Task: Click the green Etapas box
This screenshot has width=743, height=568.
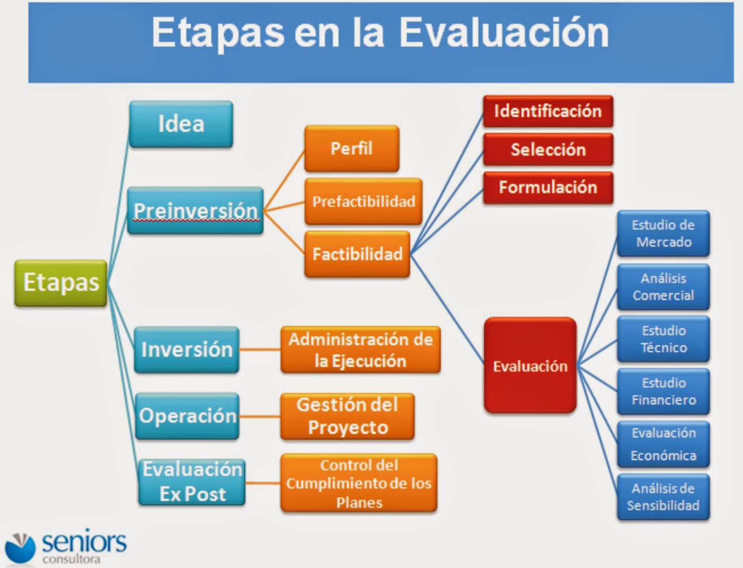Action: tap(61, 283)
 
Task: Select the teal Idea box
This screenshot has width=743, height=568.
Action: tap(181, 124)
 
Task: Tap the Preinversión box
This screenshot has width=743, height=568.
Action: tap(196, 210)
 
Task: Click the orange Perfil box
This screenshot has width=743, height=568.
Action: tap(352, 149)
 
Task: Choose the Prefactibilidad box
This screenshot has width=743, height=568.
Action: tap(363, 202)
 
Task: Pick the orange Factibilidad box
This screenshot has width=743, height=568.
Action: tap(357, 254)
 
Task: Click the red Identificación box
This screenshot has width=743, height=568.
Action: tap(547, 111)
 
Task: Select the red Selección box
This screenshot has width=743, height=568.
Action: tap(547, 150)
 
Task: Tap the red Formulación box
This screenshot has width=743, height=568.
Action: tap(547, 188)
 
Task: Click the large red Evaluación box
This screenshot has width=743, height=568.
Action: tap(530, 366)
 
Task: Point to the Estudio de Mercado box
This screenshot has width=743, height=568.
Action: tap(663, 233)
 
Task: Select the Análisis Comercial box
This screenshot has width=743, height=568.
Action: tap(663, 287)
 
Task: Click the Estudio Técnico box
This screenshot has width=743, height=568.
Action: tap(663, 339)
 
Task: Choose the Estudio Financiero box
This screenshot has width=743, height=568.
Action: tap(663, 392)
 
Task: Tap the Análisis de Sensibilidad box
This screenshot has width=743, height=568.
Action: tap(663, 497)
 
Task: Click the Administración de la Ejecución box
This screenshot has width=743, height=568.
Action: tap(360, 350)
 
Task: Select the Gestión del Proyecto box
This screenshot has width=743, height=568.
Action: tap(347, 416)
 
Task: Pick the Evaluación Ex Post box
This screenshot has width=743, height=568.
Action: tap(192, 482)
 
